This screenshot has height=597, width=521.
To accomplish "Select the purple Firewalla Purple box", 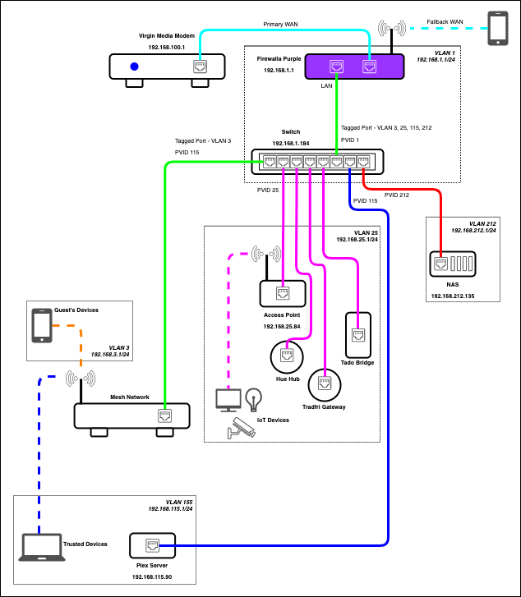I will [353, 67].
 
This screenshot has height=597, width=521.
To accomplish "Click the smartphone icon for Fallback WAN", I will [499, 28].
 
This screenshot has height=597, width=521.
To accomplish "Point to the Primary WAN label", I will [281, 25].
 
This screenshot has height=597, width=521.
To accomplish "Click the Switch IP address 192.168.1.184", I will [291, 143].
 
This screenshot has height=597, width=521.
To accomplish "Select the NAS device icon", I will [453, 264].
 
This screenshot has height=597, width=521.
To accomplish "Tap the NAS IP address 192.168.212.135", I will [454, 295].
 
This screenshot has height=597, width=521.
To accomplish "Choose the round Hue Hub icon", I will [285, 356].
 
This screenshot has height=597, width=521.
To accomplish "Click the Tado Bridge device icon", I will [358, 334].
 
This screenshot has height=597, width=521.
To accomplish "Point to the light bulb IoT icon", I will [254, 400].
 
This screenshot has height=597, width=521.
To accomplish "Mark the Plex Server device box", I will [152, 544].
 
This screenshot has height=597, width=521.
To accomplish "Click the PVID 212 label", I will [397, 195].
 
